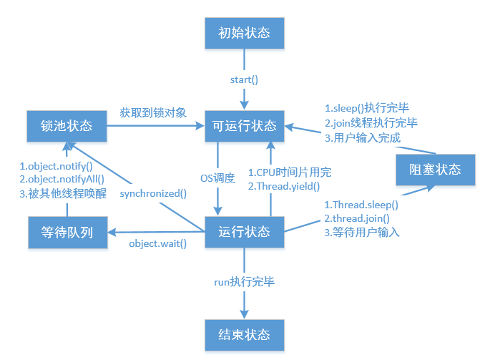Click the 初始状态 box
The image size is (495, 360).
[x=245, y=34]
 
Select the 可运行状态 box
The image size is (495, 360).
[x=245, y=126]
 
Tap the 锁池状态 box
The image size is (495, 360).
[x=67, y=126]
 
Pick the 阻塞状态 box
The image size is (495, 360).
[x=436, y=170]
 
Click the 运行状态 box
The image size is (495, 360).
[x=245, y=231]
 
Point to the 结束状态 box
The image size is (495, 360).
[x=245, y=334]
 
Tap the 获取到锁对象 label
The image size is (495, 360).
[x=153, y=112]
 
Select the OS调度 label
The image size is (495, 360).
[x=217, y=177]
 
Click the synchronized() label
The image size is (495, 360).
[x=153, y=193]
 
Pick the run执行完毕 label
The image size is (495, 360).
[x=245, y=282]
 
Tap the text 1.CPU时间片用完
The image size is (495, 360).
[x=290, y=172]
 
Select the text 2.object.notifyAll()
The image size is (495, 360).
[x=62, y=179]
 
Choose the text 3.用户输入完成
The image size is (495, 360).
[x=363, y=137]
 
